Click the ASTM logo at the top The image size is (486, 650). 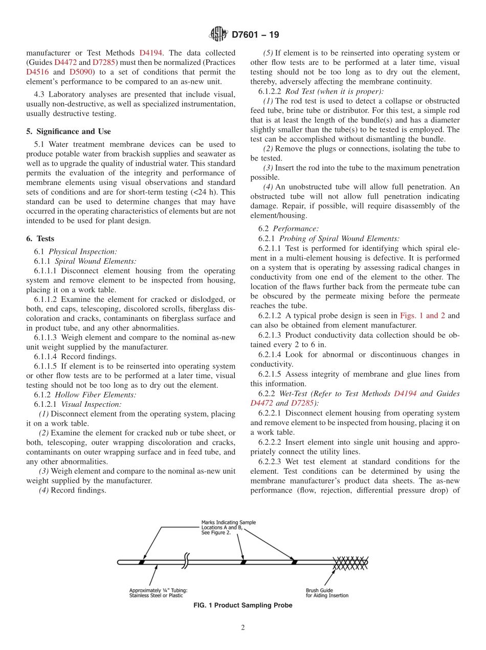tap(218, 35)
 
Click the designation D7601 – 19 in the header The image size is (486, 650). tap(255, 35)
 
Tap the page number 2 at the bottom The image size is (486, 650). tap(243, 628)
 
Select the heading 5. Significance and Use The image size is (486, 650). tap(69, 131)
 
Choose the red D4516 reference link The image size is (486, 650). tap(37, 72)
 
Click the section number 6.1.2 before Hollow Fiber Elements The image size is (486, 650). tap(42, 394)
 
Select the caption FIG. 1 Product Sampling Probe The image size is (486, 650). tap(243, 606)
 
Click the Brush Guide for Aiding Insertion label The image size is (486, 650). tap(327, 593)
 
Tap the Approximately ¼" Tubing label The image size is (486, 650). tap(158, 593)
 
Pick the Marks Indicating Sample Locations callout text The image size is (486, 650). tap(228, 527)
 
